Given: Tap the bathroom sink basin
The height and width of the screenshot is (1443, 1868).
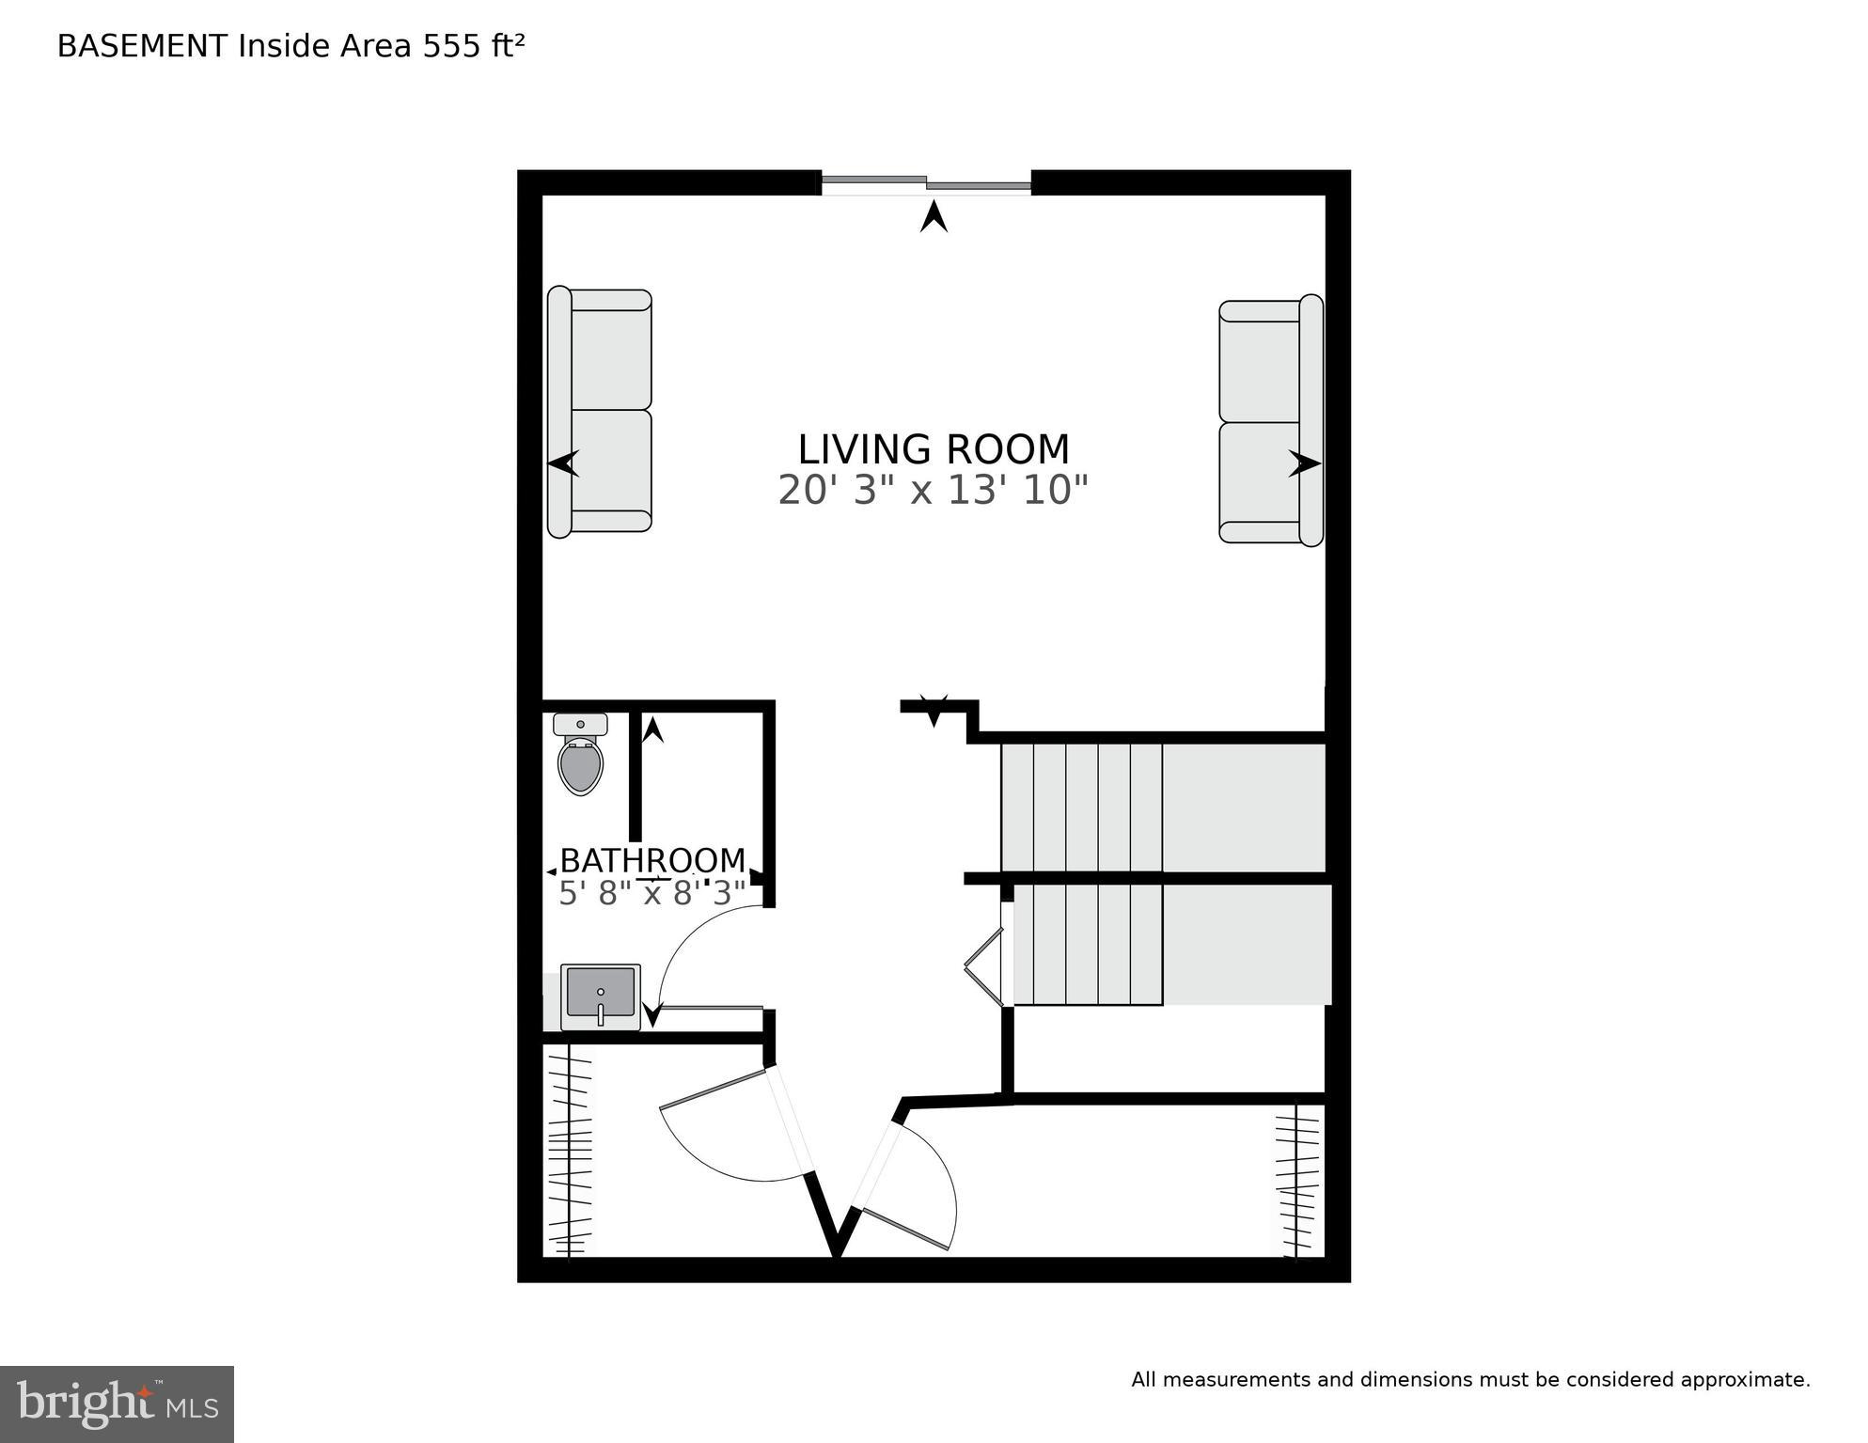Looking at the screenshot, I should [x=601, y=995].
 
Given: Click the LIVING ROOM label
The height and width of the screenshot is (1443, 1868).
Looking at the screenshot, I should [x=933, y=449].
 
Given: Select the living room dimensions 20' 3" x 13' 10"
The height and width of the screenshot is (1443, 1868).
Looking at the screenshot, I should [x=933, y=491].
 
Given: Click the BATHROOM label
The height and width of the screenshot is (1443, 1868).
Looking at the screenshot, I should [x=652, y=860].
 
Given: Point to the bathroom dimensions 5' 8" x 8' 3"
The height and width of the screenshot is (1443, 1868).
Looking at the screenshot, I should [x=652, y=893].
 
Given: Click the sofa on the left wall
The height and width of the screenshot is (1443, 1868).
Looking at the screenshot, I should [x=600, y=412].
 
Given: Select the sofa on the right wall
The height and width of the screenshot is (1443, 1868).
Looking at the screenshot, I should [x=1271, y=421].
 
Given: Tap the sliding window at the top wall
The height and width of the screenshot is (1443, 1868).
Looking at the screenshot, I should [x=926, y=183].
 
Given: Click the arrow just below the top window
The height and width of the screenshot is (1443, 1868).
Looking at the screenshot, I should [x=934, y=218].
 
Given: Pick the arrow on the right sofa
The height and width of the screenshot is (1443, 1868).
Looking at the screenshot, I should [x=1304, y=463].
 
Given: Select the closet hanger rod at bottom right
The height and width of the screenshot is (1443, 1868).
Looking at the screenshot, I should [x=1296, y=1180].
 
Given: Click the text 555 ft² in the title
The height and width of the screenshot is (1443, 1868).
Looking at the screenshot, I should [x=473, y=46].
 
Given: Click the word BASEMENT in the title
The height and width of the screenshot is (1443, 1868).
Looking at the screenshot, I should [x=142, y=46].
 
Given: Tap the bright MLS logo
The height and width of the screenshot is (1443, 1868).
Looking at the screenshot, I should [x=117, y=1404].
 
